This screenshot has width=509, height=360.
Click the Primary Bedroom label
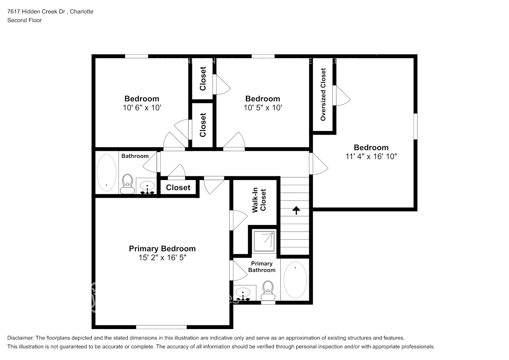[x=162, y=249]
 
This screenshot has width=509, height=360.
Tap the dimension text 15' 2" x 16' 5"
[x=162, y=258]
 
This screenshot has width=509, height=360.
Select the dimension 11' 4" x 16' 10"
[x=371, y=157]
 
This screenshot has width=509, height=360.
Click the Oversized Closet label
[x=323, y=94]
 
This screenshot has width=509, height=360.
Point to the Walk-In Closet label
[x=259, y=200]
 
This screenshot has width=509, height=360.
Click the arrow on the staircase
[x=296, y=210]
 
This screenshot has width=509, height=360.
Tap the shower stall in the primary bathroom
[x=265, y=241]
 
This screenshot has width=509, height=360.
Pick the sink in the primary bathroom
[x=244, y=294]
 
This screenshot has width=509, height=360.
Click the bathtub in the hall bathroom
[x=107, y=172]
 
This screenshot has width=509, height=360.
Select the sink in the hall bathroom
[x=147, y=187]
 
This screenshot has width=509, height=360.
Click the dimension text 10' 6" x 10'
[x=141, y=108]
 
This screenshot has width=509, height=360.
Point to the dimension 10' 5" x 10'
[x=262, y=108]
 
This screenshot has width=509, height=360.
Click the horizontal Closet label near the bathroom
[x=178, y=188]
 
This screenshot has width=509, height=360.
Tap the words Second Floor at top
[x=24, y=20]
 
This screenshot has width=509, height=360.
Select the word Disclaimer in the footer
[x=20, y=338]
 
